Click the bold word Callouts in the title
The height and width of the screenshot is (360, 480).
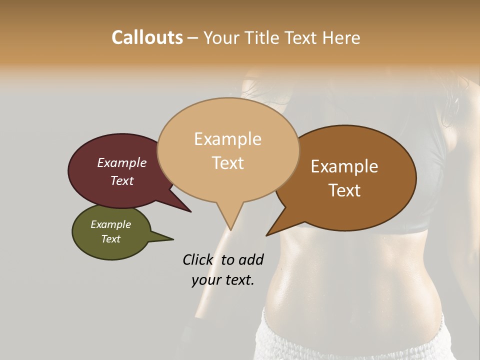(x=147, y=37)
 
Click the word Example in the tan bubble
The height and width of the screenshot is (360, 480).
(x=227, y=139)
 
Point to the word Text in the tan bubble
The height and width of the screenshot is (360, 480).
(x=228, y=163)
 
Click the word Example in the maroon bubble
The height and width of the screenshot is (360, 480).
(x=121, y=163)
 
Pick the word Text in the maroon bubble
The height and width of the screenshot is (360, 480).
(x=122, y=180)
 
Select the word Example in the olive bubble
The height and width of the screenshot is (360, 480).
(x=110, y=225)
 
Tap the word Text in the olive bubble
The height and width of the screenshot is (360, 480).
(x=111, y=239)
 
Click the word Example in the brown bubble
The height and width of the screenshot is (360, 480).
(x=344, y=166)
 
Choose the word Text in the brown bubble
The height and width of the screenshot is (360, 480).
(x=345, y=190)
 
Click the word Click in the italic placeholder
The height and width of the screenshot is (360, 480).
(x=198, y=259)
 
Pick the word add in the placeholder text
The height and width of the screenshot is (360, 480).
(x=250, y=259)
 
